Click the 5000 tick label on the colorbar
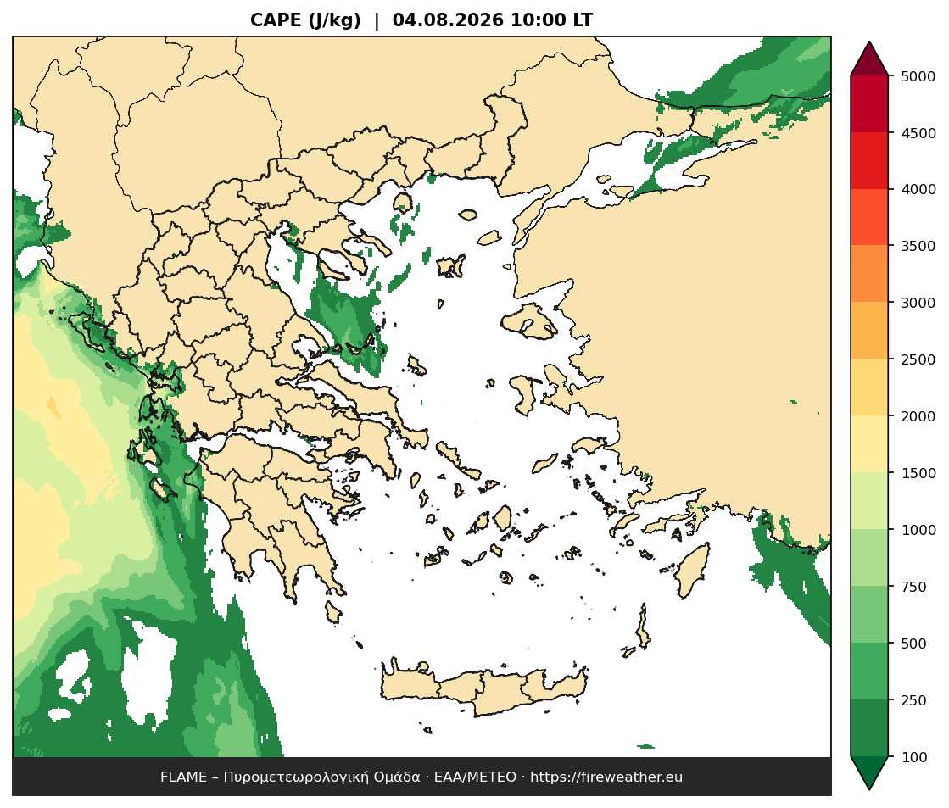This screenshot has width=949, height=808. [x=918, y=76]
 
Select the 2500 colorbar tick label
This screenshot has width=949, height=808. [x=918, y=359]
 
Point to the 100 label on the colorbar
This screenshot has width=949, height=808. [x=914, y=757]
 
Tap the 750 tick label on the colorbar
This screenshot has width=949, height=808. [x=914, y=587]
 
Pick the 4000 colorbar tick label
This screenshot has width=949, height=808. [x=918, y=189]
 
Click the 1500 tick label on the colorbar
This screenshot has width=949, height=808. [x=918, y=473]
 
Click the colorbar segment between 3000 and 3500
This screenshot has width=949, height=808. [x=869, y=273]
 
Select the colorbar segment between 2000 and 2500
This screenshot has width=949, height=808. [x=869, y=387]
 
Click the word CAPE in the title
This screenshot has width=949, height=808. [x=276, y=20]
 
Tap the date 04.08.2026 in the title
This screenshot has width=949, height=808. [x=448, y=20]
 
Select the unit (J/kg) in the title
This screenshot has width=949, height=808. [x=335, y=20]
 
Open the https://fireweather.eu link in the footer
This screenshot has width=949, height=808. [x=606, y=777]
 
